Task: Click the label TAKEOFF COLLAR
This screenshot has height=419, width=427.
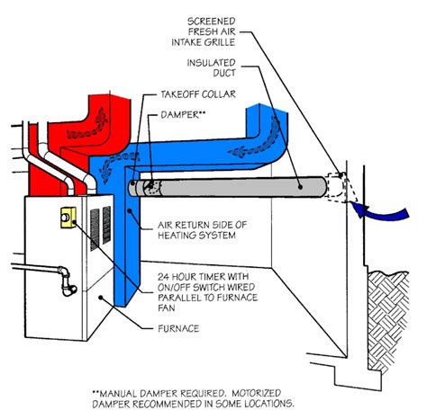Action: [x=197, y=94]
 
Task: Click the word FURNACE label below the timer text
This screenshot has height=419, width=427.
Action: [x=177, y=328]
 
